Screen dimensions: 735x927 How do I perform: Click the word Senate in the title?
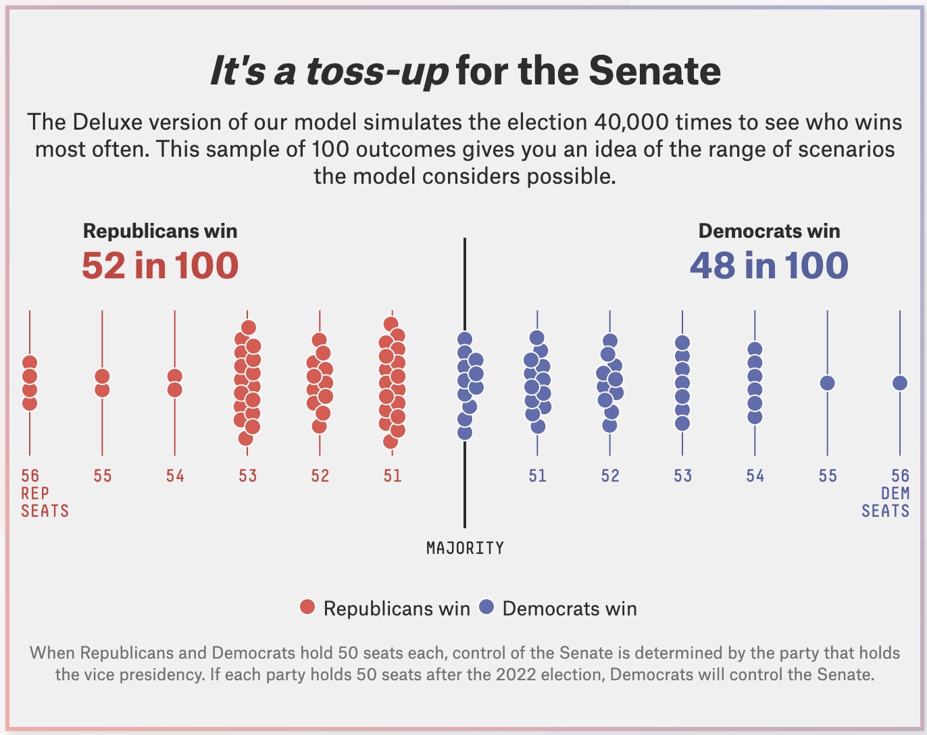pyautogui.click(x=654, y=71)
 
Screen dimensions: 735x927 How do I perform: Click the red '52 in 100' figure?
pyautogui.click(x=160, y=265)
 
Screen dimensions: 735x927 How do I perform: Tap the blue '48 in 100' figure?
pyautogui.click(x=769, y=265)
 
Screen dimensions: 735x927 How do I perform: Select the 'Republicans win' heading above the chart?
pyautogui.click(x=160, y=231)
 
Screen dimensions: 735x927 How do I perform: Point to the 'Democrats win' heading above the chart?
pyautogui.click(x=769, y=231)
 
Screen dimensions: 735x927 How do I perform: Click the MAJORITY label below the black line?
pyautogui.click(x=465, y=548)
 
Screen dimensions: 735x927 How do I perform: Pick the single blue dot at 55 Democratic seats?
pyautogui.click(x=827, y=383)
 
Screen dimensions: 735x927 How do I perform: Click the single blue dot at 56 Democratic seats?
pyautogui.click(x=899, y=383)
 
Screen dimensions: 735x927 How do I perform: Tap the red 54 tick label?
pyautogui.click(x=175, y=476)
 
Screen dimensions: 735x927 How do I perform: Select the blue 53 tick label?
pyautogui.click(x=682, y=476)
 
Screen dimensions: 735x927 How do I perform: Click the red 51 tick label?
pyautogui.click(x=393, y=476)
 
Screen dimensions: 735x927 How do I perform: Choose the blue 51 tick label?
pyautogui.click(x=537, y=476)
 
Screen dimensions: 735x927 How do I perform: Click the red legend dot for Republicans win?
pyautogui.click(x=307, y=607)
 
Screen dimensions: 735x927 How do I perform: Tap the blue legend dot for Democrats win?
pyautogui.click(x=486, y=607)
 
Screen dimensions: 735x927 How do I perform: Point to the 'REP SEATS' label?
pyautogui.click(x=45, y=503)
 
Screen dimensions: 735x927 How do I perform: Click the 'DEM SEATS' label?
pyautogui.click(x=885, y=503)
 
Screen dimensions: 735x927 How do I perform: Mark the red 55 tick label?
pyautogui.click(x=103, y=476)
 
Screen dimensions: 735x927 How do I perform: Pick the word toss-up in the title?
pyautogui.click(x=377, y=71)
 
